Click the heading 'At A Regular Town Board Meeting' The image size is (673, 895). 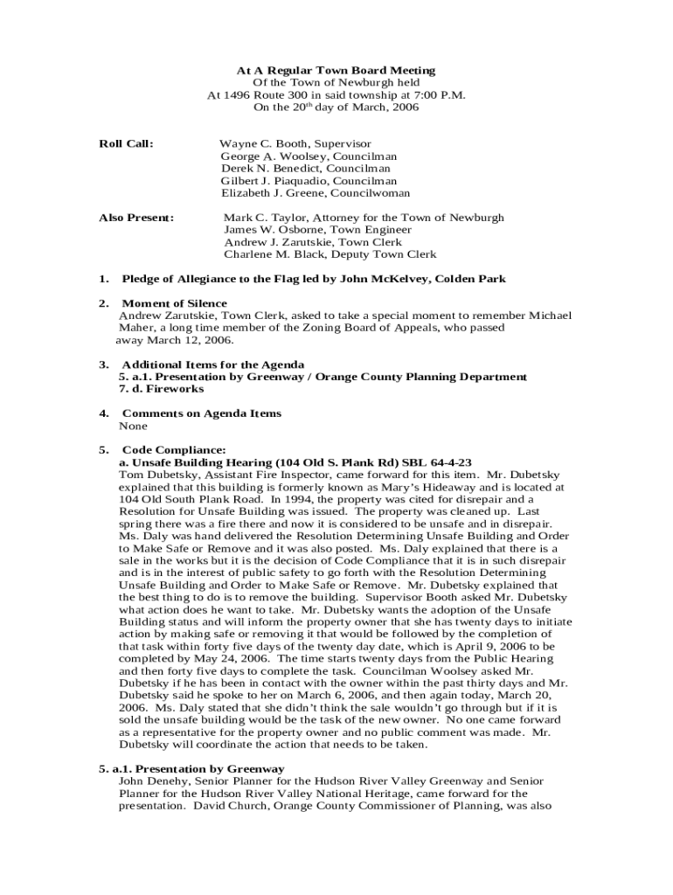click(336, 70)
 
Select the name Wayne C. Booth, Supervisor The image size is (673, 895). click(295, 143)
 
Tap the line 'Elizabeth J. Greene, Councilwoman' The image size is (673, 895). click(315, 193)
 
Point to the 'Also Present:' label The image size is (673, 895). click(135, 218)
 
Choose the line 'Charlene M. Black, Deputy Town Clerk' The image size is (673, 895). click(330, 254)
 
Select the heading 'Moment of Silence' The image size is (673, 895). click(174, 303)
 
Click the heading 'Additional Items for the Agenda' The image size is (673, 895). click(213, 364)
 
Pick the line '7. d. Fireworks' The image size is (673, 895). click(161, 389)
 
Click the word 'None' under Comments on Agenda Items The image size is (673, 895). click(133, 426)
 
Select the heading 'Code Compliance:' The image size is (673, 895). click(174, 450)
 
